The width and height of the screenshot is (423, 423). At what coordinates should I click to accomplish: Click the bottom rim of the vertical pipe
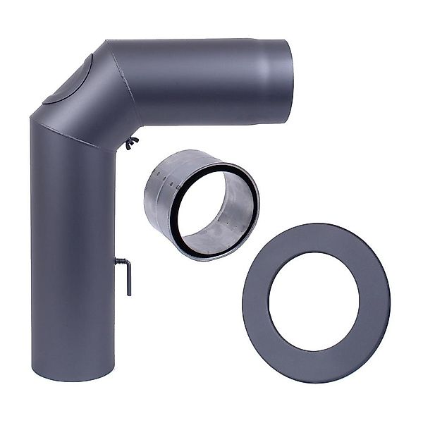pos(63,377)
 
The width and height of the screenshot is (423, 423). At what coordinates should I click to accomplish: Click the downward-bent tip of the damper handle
pos(129,288)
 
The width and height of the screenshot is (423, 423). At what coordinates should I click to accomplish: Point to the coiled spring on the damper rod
pos(120,262)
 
